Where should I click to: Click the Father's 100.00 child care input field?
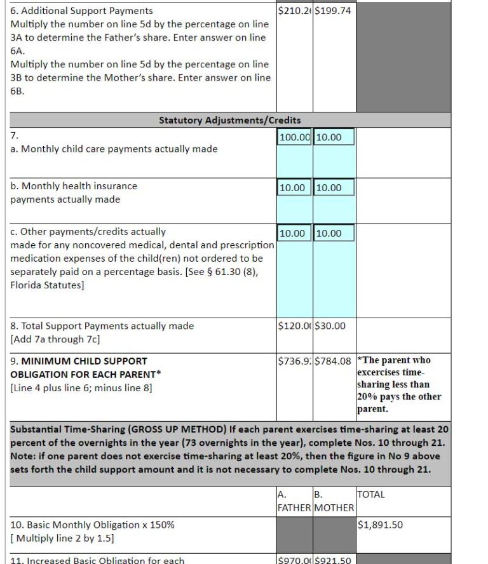295,137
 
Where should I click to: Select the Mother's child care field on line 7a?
334,137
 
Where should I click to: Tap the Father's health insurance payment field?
295,187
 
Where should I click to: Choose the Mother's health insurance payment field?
334,187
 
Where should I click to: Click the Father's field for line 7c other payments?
295,233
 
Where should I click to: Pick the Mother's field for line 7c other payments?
334,233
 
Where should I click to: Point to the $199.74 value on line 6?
333,11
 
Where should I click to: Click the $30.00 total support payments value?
330,326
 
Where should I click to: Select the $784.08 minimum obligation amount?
333,361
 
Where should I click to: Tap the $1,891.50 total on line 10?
380,525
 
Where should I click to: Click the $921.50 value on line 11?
333,560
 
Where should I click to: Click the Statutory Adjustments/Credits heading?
229,120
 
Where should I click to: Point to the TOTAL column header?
371,494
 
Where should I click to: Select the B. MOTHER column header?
334,501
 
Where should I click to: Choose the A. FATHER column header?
294,501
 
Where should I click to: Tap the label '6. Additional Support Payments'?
81,11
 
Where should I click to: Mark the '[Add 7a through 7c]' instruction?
55,339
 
